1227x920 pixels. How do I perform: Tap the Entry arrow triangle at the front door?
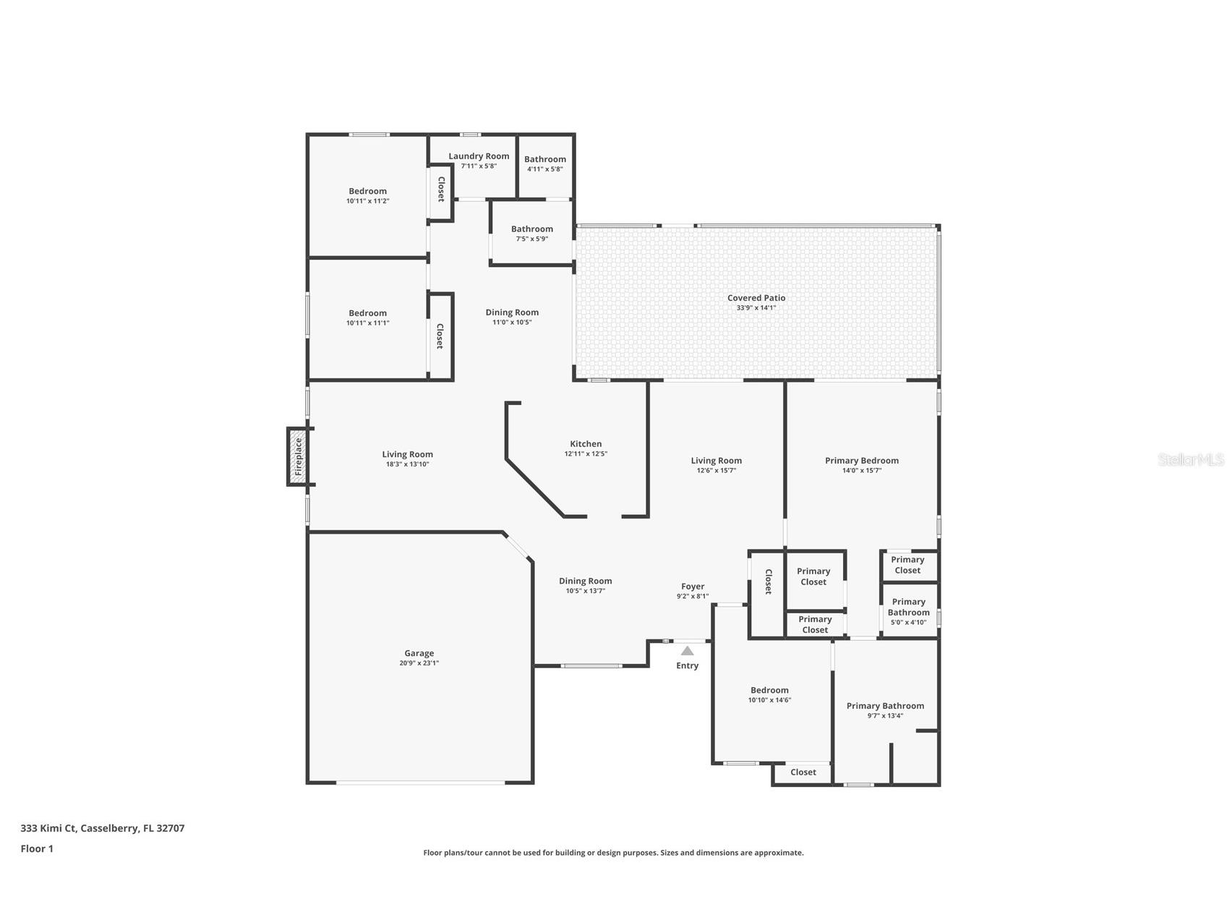click(x=687, y=651)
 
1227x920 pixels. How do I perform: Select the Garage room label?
click(x=419, y=653)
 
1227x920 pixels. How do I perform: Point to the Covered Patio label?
click(x=756, y=298)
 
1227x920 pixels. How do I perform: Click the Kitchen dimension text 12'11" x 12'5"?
click(x=586, y=454)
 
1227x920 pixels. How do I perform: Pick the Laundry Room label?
click(x=478, y=156)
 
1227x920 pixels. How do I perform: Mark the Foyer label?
click(x=692, y=587)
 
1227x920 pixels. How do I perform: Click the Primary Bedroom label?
click(x=861, y=461)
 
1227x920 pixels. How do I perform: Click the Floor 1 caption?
click(x=37, y=849)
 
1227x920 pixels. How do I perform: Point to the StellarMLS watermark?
click(x=1190, y=460)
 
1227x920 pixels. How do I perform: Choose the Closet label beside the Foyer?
click(x=768, y=582)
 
